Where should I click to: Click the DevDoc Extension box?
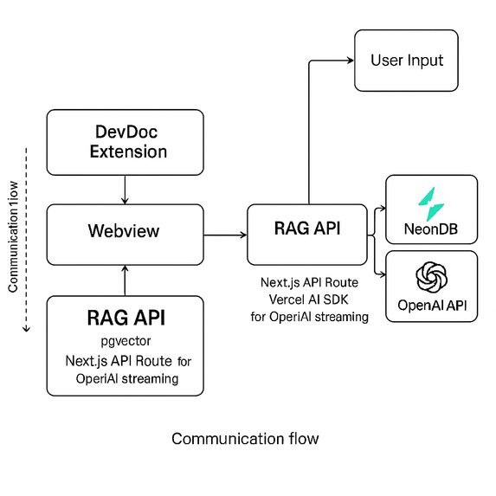coord(126,142)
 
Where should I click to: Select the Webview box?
coord(126,233)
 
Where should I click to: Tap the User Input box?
coord(406,61)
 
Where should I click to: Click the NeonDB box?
coord(430,210)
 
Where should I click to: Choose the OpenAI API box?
coord(430,287)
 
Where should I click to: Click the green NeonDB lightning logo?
coord(430,203)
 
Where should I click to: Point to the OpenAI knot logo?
coord(430,278)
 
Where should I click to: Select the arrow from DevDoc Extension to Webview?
coord(126,189)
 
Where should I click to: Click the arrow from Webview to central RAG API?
coord(224,234)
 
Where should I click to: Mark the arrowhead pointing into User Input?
coord(351,61)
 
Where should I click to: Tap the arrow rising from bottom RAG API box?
coord(126,280)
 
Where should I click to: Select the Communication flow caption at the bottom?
coord(245,438)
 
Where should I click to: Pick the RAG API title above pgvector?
coord(126,318)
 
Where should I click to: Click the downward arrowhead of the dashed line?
coord(26,329)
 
